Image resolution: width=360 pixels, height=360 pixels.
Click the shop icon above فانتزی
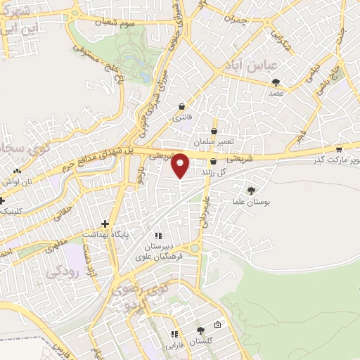coord(183,106)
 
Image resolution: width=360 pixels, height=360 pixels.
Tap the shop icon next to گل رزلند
coord(212,161)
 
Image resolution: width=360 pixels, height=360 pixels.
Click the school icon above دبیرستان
coord(160,236)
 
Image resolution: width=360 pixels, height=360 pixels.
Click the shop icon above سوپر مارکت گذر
coord(338,149)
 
